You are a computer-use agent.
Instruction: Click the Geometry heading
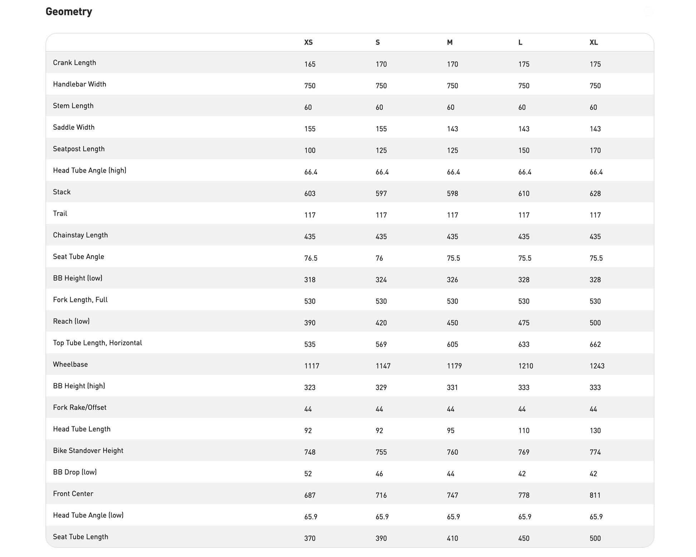69,12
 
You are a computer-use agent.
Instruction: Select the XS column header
308,43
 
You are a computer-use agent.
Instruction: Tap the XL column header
594,43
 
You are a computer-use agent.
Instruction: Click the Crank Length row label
74,63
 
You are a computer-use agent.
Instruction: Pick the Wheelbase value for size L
525,366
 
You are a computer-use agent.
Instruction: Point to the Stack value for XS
310,194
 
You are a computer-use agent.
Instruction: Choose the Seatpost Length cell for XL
595,151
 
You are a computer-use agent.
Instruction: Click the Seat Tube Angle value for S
379,258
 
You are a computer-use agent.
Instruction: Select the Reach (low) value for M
452,323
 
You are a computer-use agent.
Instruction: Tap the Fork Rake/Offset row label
79,407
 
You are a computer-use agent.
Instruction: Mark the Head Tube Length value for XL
595,431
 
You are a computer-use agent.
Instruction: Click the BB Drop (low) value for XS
308,474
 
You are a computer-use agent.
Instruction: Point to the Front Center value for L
524,495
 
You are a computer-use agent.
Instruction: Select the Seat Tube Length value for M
452,538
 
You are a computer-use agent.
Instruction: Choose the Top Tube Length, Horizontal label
97,343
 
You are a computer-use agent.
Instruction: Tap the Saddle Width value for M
452,129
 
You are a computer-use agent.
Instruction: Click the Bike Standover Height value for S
381,452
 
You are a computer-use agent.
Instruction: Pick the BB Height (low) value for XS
310,280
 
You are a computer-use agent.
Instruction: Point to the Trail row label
60,214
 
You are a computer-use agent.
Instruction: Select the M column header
450,43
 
